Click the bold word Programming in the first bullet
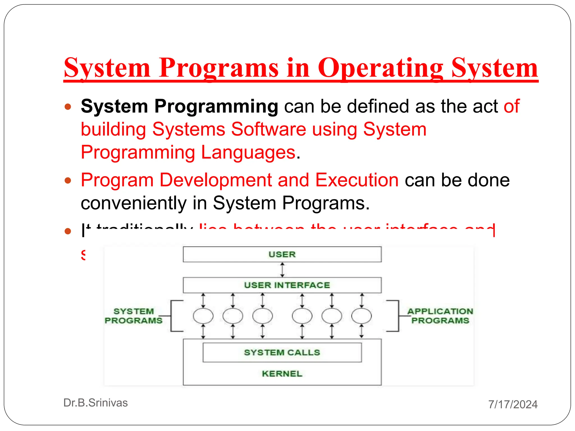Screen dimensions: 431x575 click(216, 106)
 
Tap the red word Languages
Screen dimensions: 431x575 click(248, 152)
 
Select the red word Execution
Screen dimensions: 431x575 click(357, 180)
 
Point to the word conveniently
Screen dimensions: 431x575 click(133, 203)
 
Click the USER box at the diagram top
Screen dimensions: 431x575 click(282, 254)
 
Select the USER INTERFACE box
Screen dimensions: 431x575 click(282, 285)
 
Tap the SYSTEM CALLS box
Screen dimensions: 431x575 click(282, 352)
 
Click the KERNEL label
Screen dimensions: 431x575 click(282, 374)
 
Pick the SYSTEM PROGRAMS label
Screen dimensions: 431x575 click(134, 316)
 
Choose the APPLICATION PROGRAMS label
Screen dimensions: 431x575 click(440, 316)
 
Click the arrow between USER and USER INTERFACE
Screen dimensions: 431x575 click(282, 270)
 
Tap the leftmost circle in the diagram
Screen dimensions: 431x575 click(203, 316)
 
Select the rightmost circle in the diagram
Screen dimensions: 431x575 click(362, 316)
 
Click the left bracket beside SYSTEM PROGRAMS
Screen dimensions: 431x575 click(172, 316)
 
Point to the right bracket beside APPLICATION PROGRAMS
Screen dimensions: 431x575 click(398, 316)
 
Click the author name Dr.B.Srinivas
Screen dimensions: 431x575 click(95, 403)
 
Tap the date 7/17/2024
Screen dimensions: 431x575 click(513, 404)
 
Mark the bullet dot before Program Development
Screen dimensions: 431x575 click(68, 180)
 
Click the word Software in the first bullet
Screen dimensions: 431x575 click(268, 129)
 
